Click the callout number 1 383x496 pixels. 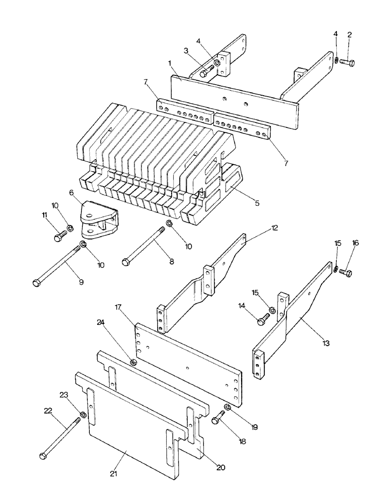(170, 63)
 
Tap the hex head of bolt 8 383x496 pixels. (126, 261)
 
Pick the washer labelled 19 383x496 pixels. (227, 408)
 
